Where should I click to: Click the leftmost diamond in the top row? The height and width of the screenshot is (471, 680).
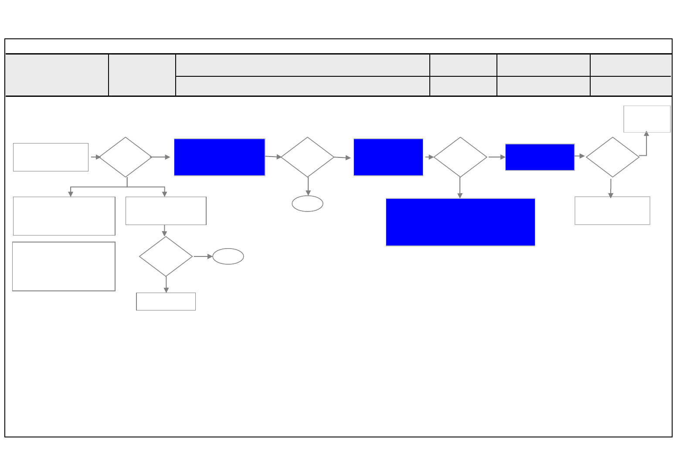click(126, 157)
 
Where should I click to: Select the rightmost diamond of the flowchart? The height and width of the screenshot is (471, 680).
click(612, 157)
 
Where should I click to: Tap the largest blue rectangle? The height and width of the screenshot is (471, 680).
click(460, 222)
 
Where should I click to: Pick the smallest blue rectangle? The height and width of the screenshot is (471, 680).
click(540, 157)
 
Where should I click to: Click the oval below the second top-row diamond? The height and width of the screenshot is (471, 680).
click(307, 204)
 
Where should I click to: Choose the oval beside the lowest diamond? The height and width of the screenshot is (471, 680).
click(228, 256)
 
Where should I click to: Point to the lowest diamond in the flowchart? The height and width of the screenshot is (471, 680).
click(166, 256)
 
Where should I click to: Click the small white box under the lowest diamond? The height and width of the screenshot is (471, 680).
click(166, 301)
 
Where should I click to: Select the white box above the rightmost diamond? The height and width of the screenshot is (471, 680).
click(647, 119)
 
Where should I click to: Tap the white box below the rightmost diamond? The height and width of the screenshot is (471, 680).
click(612, 211)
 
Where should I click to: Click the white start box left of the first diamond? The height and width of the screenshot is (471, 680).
click(51, 157)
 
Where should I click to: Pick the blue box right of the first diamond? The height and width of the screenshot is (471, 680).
click(219, 157)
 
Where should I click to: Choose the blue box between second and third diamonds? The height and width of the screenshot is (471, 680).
click(388, 157)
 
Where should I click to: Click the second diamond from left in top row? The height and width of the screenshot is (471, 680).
click(307, 157)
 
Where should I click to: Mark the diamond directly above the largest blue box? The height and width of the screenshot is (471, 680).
click(460, 157)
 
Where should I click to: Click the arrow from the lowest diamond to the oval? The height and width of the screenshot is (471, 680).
click(203, 256)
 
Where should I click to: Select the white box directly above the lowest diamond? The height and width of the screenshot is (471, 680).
click(166, 211)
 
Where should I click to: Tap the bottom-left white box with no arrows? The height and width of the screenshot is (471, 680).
click(64, 266)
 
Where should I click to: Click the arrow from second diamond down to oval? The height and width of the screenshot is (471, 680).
click(308, 187)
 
